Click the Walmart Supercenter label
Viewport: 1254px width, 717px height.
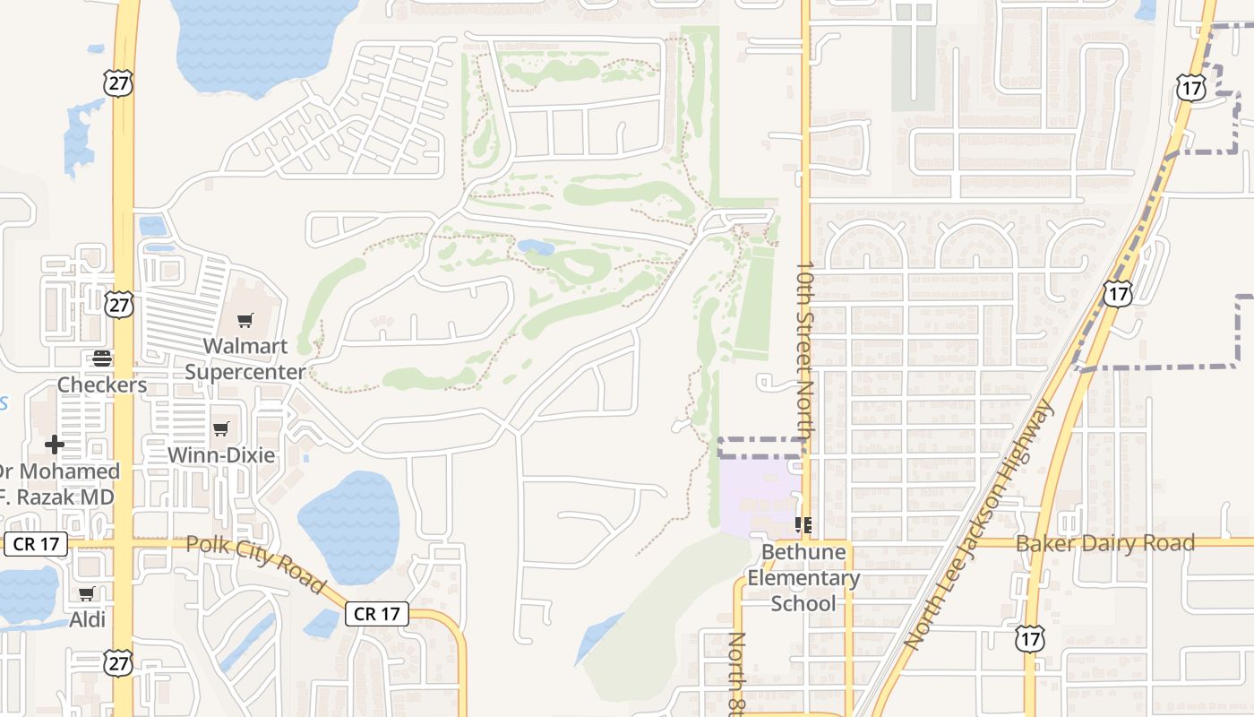coord(245,358)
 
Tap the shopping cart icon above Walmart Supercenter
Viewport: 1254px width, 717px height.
coord(245,320)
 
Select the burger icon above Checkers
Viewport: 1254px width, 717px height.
coord(102,358)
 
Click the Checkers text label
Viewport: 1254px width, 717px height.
coord(102,384)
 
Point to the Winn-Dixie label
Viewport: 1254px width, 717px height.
coord(221,454)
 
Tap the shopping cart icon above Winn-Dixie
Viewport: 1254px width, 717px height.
coord(221,428)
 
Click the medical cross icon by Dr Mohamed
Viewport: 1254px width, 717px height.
coord(55,444)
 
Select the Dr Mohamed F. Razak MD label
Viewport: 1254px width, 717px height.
coord(57,484)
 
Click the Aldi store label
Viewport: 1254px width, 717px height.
coord(88,619)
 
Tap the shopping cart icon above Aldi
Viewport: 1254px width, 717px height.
coord(87,593)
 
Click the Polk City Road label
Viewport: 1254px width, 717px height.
coord(256,564)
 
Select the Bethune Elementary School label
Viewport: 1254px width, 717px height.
coord(803,577)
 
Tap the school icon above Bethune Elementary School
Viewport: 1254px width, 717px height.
coord(803,525)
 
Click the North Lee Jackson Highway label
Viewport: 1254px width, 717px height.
coord(979,523)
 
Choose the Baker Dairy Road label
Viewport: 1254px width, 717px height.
coord(1104,543)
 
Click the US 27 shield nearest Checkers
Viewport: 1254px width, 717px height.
coord(118,304)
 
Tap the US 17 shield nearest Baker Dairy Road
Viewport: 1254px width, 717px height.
coord(1029,639)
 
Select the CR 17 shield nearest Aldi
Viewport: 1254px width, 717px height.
coord(36,544)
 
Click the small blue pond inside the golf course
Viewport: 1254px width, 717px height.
coord(536,246)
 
